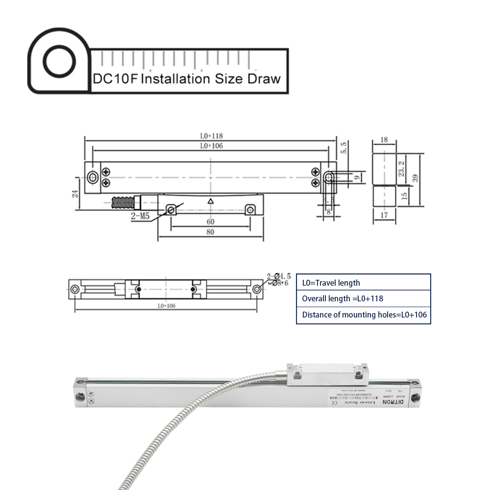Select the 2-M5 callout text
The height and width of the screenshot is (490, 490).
click(x=141, y=216)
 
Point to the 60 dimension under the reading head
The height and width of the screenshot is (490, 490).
click(x=210, y=222)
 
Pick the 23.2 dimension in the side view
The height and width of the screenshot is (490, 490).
click(x=402, y=169)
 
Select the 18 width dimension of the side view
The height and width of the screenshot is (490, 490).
click(x=384, y=140)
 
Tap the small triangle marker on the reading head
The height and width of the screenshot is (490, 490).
click(x=210, y=201)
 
